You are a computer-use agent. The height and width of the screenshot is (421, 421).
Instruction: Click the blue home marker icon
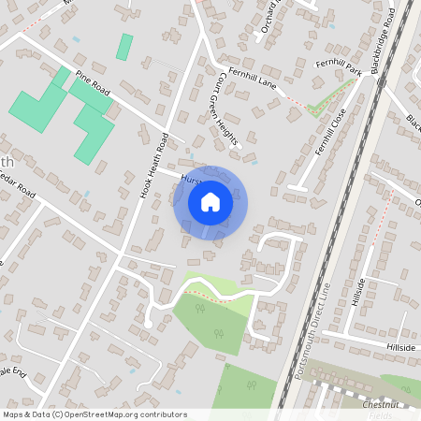[210, 201]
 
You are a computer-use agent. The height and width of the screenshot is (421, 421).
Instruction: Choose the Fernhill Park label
[338, 66]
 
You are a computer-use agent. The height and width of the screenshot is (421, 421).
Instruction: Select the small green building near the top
[124, 47]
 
